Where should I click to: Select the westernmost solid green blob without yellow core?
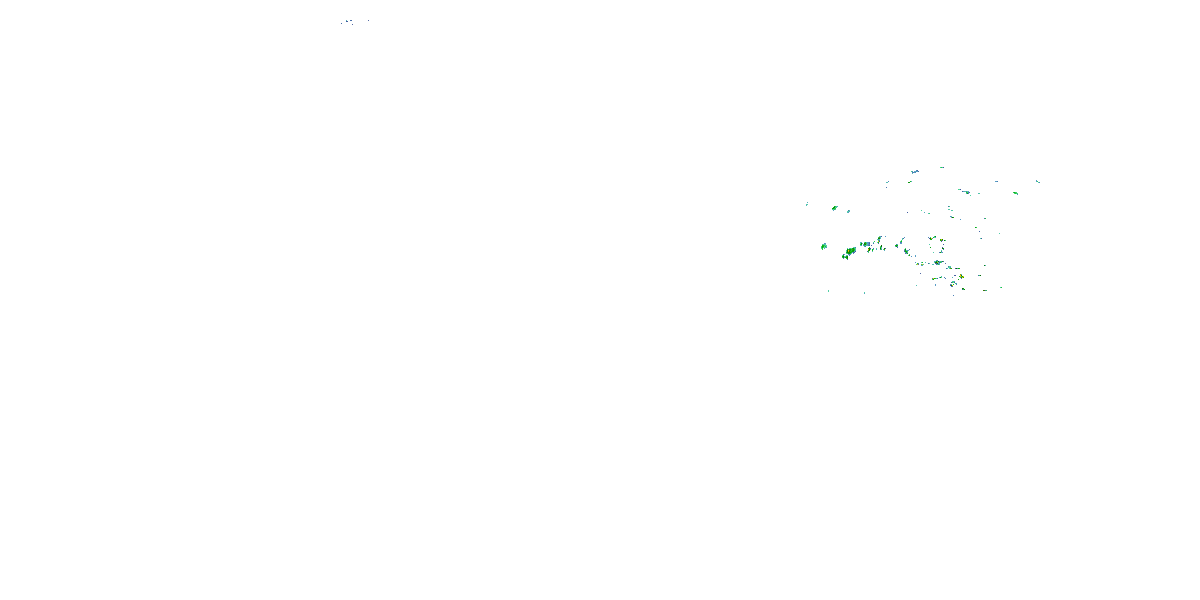824,246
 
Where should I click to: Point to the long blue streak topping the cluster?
914,172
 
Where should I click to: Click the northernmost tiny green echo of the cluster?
942,167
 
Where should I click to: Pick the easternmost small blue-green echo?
1038,182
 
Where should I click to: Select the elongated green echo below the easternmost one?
1016,193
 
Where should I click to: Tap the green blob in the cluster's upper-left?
834,208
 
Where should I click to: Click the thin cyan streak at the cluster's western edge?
807,204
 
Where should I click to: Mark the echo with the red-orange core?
942,240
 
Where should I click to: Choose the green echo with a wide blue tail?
866,244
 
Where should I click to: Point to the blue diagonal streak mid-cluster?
902,240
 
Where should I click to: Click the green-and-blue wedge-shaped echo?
906,251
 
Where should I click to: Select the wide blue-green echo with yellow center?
938,263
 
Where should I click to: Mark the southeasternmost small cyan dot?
1001,288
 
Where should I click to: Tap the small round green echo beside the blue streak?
909,182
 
